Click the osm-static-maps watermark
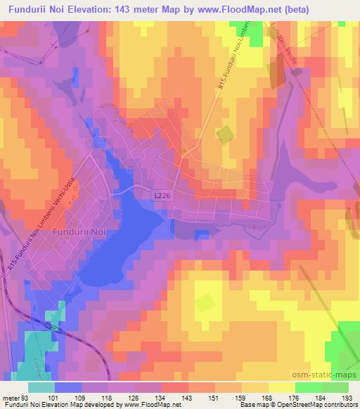(326, 372)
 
